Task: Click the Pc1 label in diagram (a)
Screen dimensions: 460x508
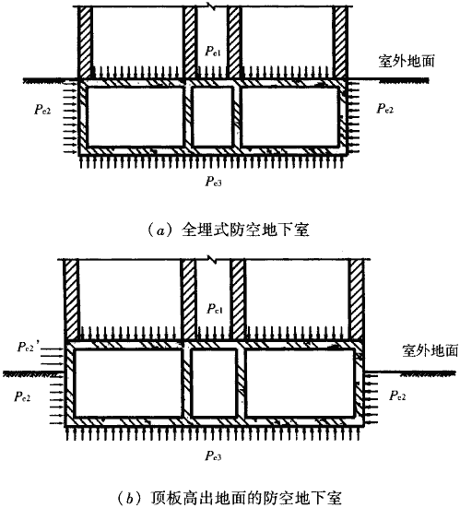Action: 213,52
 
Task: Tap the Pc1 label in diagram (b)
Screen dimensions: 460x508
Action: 215,309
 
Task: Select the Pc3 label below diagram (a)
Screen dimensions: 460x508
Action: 214,182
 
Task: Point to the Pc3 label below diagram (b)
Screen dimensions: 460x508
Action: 213,455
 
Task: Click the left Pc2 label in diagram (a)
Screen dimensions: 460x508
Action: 42,110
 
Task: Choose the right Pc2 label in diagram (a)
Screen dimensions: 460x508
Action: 384,108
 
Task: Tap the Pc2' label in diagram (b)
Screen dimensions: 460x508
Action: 29,347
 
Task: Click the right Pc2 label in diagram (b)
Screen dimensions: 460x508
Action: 397,396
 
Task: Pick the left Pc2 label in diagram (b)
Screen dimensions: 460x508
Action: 22,396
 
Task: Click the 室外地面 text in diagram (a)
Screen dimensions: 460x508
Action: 407,61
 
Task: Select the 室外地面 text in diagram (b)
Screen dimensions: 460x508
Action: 431,350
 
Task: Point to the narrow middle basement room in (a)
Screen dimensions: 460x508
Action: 213,117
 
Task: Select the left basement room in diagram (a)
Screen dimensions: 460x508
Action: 136,117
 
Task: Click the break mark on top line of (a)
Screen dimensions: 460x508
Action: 213,6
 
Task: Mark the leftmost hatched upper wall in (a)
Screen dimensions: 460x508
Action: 86,42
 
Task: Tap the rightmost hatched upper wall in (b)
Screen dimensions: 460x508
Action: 357,300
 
